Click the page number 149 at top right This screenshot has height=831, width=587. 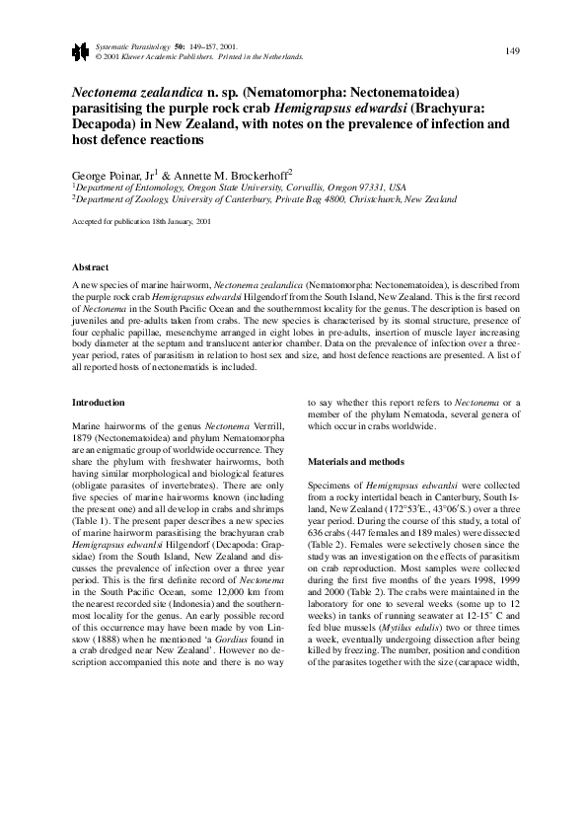[x=513, y=50]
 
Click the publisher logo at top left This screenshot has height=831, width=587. [x=79, y=51]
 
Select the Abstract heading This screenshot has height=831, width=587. [x=91, y=267]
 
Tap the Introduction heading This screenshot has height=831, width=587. [x=100, y=402]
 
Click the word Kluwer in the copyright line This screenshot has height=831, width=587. [x=132, y=56]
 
